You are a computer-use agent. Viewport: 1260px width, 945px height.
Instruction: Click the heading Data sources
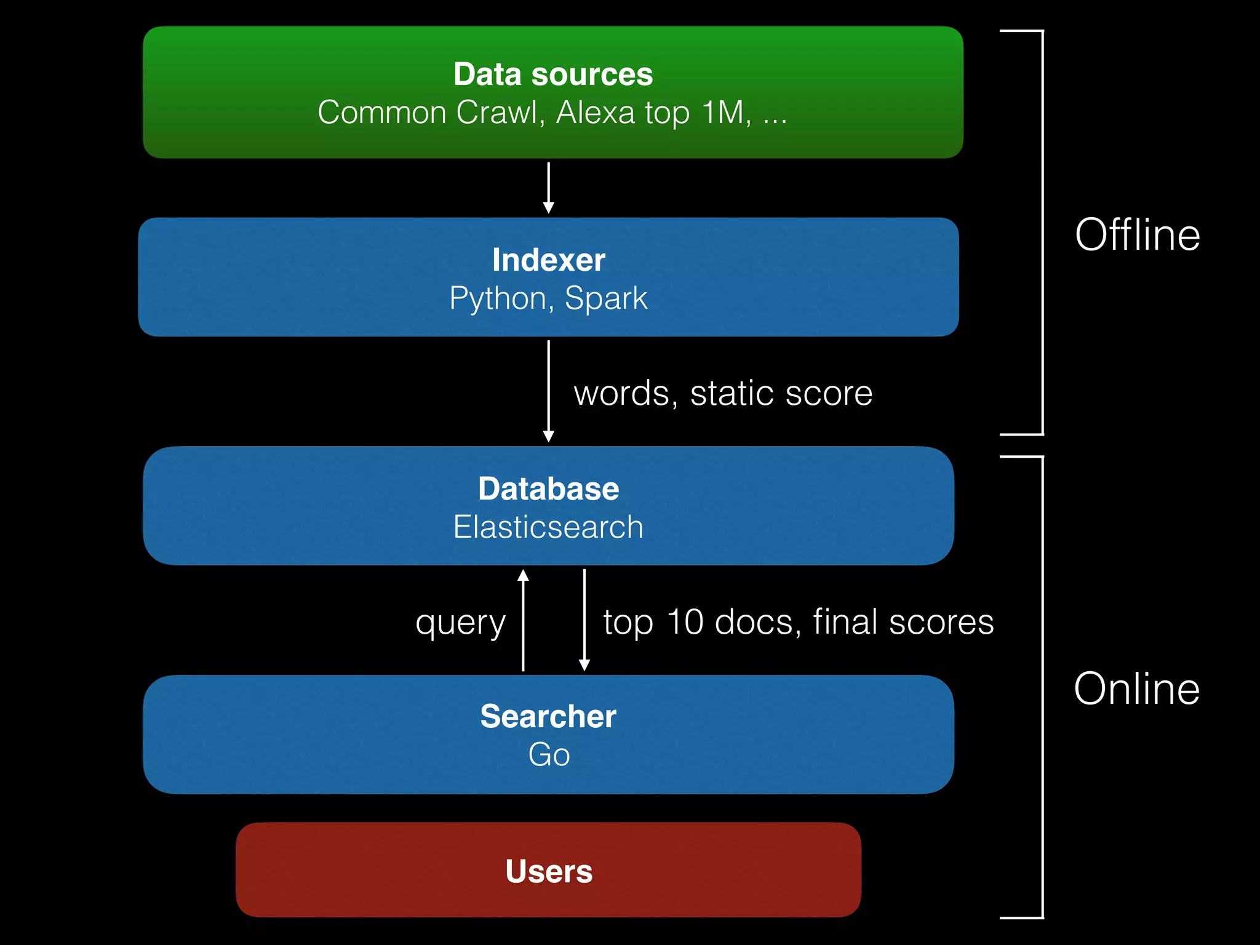(552, 74)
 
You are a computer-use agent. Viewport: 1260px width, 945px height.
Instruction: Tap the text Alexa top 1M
(653, 113)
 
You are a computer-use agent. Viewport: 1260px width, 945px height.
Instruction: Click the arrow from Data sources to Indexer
(548, 188)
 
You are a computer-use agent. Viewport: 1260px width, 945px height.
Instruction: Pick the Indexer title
(548, 260)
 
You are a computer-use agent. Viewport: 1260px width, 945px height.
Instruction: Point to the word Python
(498, 299)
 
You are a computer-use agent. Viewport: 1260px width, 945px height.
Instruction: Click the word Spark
(605, 299)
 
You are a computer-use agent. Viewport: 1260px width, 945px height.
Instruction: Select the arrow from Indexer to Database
(548, 391)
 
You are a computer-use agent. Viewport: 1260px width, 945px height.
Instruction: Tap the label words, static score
(723, 393)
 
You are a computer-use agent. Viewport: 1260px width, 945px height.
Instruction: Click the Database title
(548, 489)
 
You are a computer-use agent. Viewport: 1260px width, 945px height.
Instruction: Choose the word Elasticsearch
(548, 527)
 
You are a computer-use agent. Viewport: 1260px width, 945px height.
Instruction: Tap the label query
(460, 623)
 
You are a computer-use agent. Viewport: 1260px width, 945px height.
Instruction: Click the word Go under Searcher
(549, 754)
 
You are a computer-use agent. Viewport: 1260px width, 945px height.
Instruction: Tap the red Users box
(548, 871)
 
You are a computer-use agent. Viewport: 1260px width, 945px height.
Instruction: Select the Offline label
(1137, 235)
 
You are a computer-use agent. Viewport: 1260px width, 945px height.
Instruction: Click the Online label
(1136, 688)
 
